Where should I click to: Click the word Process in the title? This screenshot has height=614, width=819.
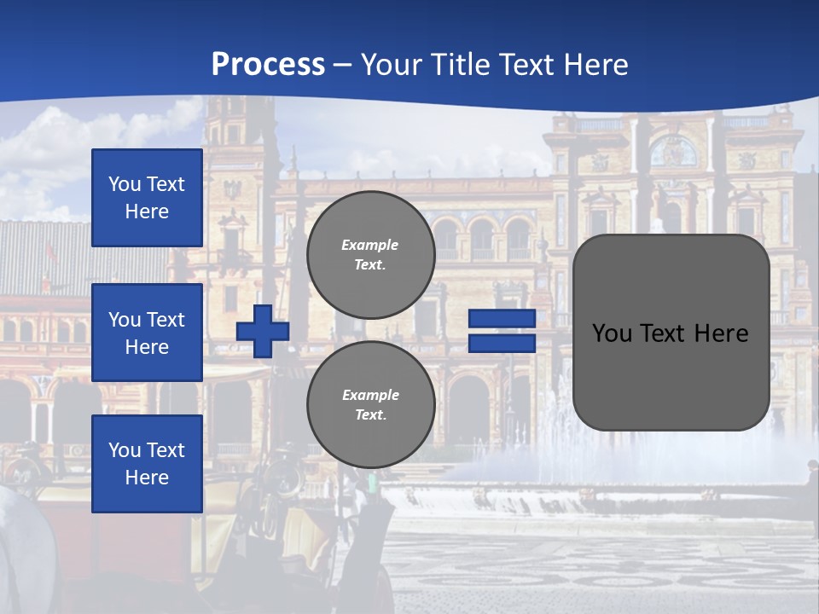tap(268, 65)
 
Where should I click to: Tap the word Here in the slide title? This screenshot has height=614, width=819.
tap(595, 65)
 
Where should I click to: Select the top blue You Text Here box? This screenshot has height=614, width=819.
tap(147, 198)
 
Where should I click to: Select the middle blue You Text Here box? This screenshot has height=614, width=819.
tap(147, 333)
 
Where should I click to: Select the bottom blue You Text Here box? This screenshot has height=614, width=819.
tap(147, 464)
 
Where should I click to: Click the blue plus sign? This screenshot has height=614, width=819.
tap(263, 331)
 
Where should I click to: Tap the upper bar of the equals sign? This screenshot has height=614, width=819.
tap(502, 318)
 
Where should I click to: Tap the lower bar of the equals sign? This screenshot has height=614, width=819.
tap(502, 344)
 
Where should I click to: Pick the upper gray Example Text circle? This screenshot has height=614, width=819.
tap(370, 255)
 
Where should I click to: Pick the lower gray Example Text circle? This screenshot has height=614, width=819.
tap(370, 405)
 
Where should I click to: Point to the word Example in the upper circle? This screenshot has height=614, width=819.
tap(370, 245)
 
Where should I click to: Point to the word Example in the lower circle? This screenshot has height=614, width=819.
tap(370, 395)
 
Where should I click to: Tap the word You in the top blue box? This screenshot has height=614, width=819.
tap(125, 184)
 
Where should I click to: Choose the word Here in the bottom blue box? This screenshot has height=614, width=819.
tap(147, 478)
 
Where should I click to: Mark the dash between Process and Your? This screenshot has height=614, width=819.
tap(342, 65)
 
